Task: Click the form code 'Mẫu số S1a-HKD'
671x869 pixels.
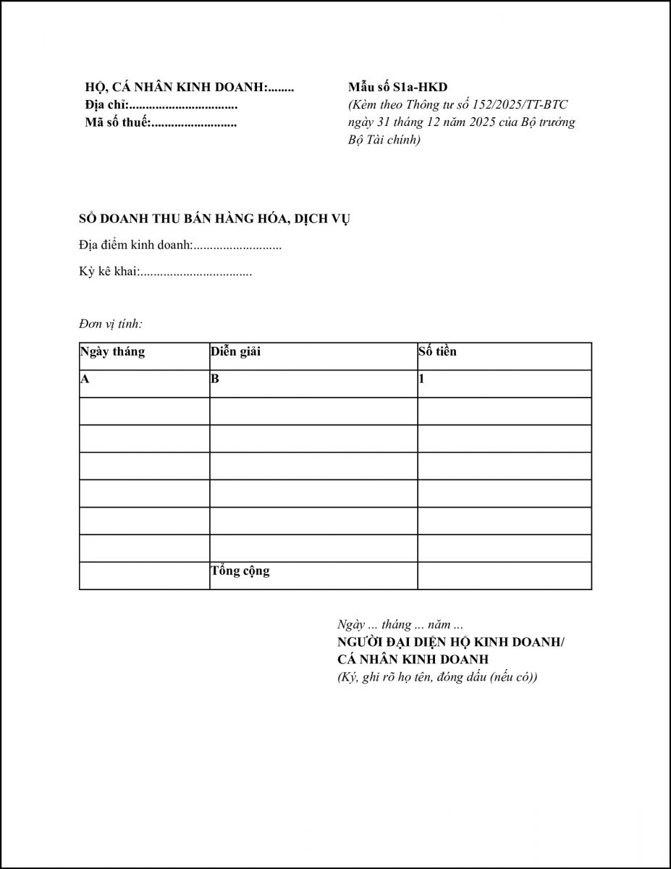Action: (397, 88)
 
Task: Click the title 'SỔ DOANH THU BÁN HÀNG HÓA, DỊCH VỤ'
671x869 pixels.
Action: (214, 219)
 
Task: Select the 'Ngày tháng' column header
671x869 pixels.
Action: (113, 352)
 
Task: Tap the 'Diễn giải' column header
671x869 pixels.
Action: (236, 352)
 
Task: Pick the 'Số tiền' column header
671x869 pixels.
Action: (437, 352)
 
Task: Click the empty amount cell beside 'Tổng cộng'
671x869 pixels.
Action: (504, 576)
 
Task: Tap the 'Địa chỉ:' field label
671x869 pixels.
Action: (106, 106)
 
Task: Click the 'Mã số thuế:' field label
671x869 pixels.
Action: (117, 123)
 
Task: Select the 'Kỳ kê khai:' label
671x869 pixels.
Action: (109, 273)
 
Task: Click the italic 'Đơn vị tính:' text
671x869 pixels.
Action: (111, 324)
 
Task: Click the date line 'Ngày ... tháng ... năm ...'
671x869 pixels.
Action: (400, 624)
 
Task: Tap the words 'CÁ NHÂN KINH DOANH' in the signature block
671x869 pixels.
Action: (413, 660)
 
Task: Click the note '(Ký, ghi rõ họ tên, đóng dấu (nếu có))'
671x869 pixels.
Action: (437, 677)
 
